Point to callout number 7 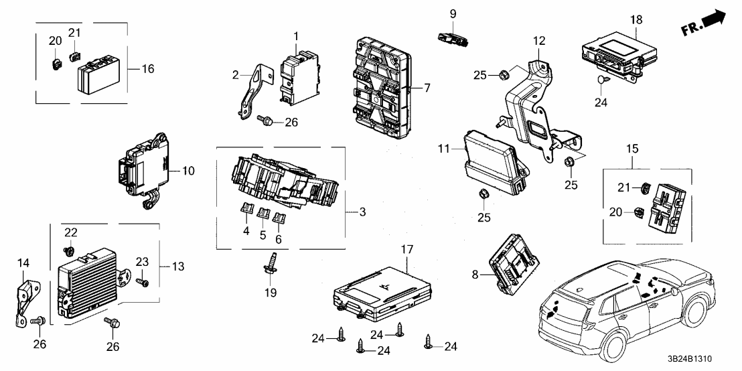tap(427, 88)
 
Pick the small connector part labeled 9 tap(453, 38)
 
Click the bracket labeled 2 tap(251, 94)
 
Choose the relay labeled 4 tap(246, 215)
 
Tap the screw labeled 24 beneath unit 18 tap(600, 80)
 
